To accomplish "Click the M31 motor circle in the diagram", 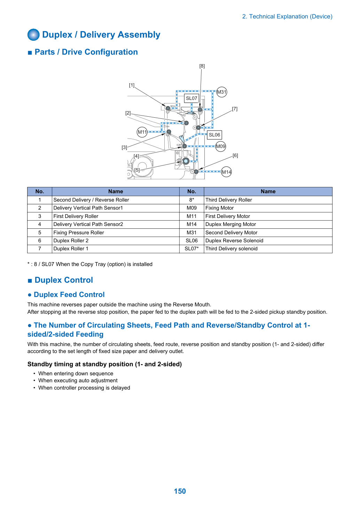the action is coord(221,92).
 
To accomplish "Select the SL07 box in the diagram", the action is coord(191,99).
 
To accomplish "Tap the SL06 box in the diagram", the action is coord(214,135).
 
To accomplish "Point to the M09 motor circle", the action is coord(220,146).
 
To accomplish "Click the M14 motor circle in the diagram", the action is coord(226,172).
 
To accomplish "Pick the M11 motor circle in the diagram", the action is coord(142,132).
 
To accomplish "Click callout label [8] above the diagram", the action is coord(202,66).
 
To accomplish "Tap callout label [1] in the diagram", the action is coord(132,85).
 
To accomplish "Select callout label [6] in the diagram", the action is coord(235,156).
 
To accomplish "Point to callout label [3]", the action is coord(124,148).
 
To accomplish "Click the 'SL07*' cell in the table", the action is coord(191,249).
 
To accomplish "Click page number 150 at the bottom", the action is coord(180,491).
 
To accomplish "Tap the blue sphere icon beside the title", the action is coord(33,34).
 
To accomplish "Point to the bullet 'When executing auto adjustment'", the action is coord(78,381).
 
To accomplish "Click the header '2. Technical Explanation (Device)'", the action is coord(287,16).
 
